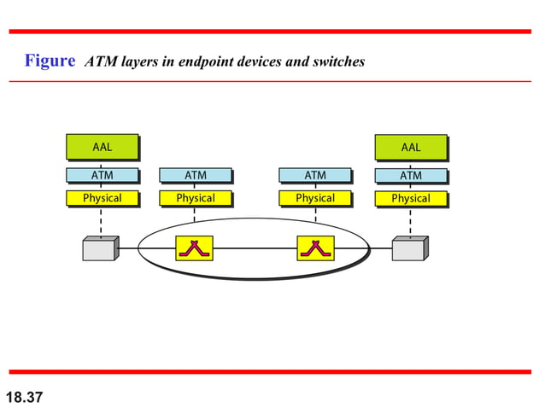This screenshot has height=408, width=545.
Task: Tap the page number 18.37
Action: [25, 398]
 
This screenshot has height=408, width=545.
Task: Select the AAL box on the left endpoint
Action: [102, 147]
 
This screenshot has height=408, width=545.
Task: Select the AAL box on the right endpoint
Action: [411, 147]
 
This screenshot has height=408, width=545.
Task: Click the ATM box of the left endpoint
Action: [102, 176]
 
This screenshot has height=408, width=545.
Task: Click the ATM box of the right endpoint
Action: [411, 176]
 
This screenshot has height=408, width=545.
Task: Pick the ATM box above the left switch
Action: [195, 176]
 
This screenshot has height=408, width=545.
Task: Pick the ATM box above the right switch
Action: [314, 176]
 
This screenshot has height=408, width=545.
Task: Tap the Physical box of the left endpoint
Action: [102, 198]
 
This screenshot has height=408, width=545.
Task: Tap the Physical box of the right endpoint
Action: [411, 198]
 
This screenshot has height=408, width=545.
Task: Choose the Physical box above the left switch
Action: [195, 198]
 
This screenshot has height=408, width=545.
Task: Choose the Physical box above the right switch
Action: [314, 198]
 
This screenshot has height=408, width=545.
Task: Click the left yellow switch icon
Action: [194, 248]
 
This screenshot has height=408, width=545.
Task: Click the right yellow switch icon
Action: [314, 248]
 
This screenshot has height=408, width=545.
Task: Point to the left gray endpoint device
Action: [100, 248]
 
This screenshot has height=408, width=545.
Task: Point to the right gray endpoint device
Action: [409, 248]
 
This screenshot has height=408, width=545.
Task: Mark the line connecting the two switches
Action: [255, 248]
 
